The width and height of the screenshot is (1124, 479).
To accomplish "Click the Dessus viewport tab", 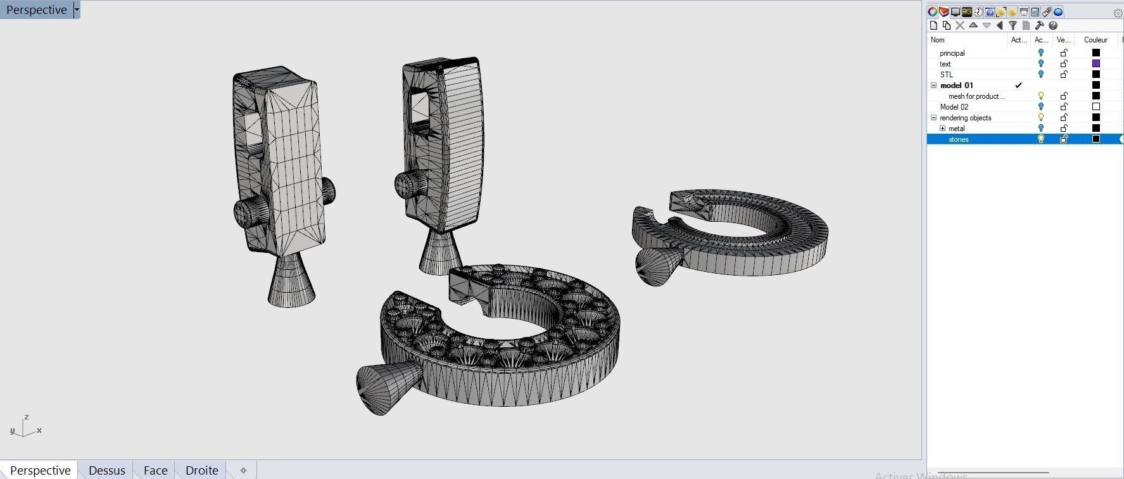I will point(106,470).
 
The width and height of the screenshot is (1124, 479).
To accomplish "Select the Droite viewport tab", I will point(201,470).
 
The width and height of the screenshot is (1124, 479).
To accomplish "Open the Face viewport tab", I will point(155,470).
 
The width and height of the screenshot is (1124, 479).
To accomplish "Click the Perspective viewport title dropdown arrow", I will point(77,10).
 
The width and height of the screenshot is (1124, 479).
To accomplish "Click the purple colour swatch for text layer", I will point(1096,64).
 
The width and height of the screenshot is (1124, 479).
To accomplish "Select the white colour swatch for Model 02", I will point(1096,107).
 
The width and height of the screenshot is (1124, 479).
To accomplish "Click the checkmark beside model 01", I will point(1018,86).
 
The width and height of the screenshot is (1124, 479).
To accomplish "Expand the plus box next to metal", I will point(942,129).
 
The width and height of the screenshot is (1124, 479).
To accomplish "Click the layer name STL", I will point(946,75).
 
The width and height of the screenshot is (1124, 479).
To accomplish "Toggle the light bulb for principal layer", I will point(1040,53).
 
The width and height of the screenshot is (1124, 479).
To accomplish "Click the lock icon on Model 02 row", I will point(1064,107).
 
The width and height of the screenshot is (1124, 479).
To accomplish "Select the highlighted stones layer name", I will point(958,139).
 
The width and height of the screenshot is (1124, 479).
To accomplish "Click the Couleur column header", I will point(1096,40).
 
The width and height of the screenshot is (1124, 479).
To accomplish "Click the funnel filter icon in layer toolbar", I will point(1013,25).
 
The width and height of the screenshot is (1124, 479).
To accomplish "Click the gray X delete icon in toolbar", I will point(960,25).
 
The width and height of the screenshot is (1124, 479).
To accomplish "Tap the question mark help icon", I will point(1053,25).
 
